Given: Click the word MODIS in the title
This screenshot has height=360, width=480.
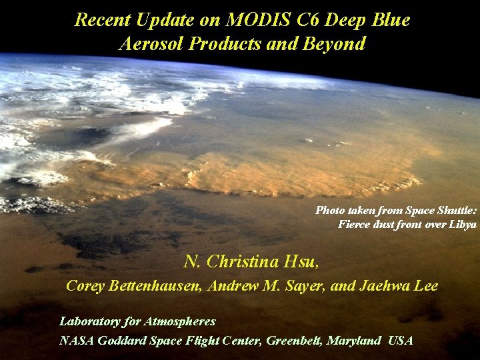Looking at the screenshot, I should click(x=254, y=20).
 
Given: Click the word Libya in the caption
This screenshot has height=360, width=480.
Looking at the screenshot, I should click(x=461, y=224).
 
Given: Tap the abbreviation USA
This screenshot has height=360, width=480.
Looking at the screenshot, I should click(x=400, y=341).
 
